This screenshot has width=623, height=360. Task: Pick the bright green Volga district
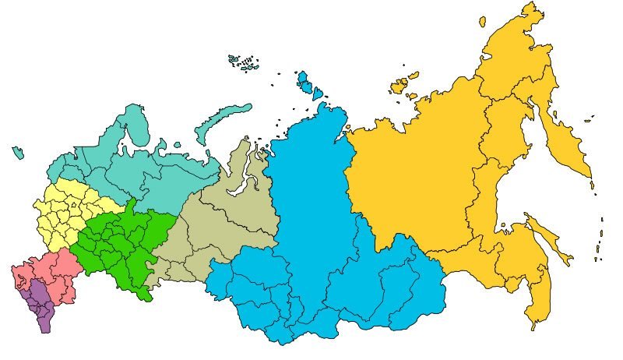point(117,242)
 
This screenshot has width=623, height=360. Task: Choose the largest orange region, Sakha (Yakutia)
point(413,179)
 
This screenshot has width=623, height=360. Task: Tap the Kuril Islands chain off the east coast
point(600,234)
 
